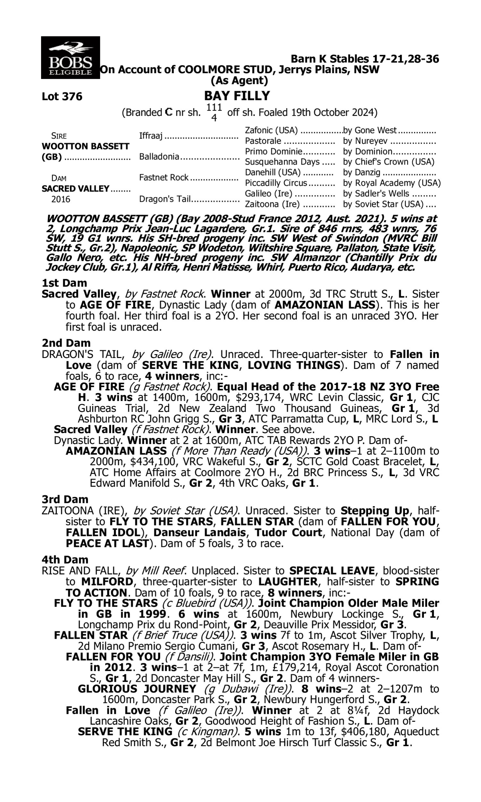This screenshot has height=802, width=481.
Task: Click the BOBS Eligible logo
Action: [x=70, y=57]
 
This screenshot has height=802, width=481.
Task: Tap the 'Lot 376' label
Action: [x=62, y=97]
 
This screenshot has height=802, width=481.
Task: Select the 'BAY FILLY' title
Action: [x=237, y=96]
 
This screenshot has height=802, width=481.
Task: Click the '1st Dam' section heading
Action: [x=64, y=283]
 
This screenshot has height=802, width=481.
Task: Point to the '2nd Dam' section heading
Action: [x=66, y=343]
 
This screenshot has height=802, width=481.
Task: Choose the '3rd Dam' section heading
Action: [x=65, y=499]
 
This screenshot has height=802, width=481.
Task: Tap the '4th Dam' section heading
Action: [x=65, y=559]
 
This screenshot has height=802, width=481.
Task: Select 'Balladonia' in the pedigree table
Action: [x=159, y=157]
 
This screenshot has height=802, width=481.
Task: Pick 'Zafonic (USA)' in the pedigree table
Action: [x=271, y=130]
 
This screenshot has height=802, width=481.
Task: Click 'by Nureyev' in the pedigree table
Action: [x=366, y=141]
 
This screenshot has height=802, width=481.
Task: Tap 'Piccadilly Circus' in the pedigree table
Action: [x=276, y=183]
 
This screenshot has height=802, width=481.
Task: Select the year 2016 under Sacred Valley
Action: [x=61, y=199]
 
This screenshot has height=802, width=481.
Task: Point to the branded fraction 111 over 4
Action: [x=214, y=112]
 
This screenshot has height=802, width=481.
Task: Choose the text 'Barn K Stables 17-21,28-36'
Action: [x=365, y=59]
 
